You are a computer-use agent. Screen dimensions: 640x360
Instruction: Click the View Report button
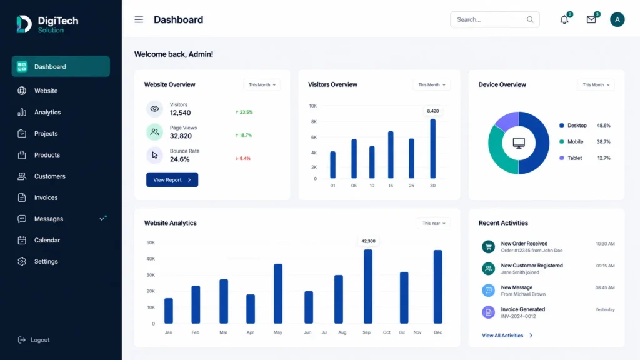[x=172, y=179]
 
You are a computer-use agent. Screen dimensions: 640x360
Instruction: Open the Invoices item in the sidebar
[x=46, y=197]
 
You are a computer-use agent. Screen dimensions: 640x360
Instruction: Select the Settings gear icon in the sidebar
[x=22, y=262]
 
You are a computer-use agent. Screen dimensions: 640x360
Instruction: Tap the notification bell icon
[x=564, y=19]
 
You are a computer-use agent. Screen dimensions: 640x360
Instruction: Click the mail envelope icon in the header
[x=591, y=19]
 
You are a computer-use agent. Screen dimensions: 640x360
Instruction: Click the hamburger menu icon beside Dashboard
[x=139, y=19]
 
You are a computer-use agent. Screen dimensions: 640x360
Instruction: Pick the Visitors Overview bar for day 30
[x=432, y=149]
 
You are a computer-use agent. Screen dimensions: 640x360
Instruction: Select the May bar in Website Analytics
[x=278, y=294]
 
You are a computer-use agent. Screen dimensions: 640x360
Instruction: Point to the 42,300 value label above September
[x=368, y=241]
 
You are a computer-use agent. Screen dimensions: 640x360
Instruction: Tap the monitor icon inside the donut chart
[x=519, y=143]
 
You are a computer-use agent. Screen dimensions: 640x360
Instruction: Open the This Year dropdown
[x=434, y=223]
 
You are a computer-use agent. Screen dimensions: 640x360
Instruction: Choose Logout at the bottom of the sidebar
[x=40, y=340]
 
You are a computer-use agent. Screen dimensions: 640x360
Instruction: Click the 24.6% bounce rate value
[x=179, y=159]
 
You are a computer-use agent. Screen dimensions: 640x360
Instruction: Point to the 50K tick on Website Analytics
[x=151, y=242]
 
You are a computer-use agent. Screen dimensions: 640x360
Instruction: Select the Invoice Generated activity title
[x=523, y=309]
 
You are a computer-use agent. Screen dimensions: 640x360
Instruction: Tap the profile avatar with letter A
[x=617, y=19]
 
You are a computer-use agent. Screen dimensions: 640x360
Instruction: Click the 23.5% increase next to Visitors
[x=244, y=112]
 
